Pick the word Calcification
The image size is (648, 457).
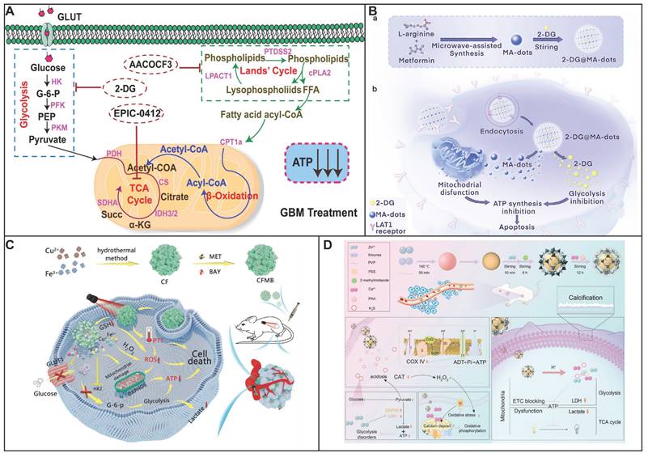(584, 298)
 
